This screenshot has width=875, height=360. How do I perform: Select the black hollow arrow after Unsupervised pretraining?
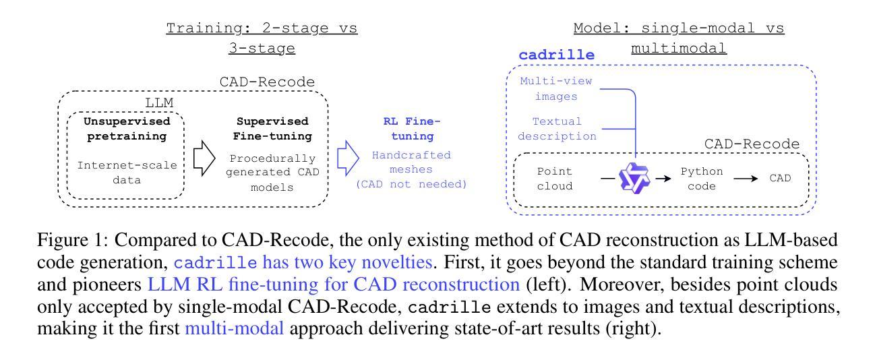201,159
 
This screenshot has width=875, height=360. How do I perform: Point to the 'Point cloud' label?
555,178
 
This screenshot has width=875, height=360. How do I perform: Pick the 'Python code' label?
700,178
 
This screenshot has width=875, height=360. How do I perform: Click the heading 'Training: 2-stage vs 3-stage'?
262,39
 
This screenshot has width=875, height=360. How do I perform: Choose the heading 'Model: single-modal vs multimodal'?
679,39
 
